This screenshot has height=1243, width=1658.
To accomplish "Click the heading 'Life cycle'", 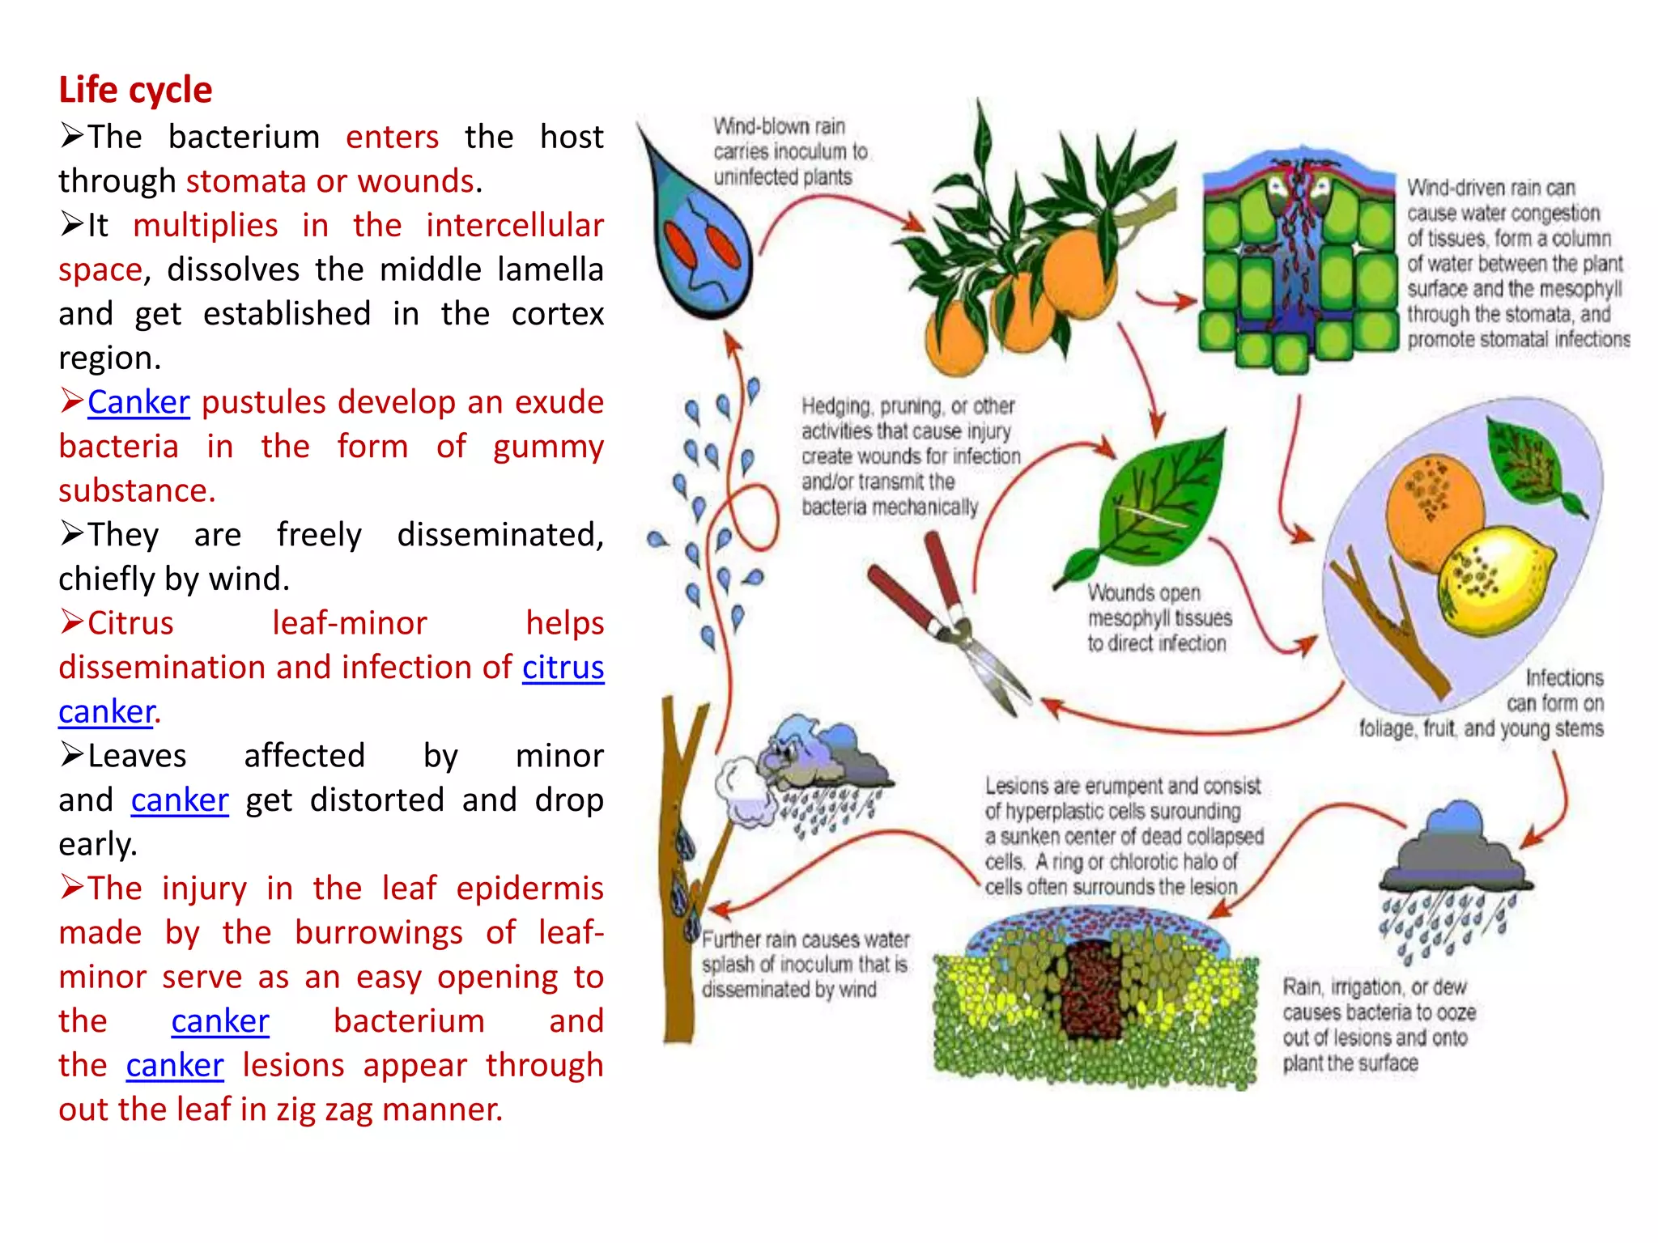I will [135, 90].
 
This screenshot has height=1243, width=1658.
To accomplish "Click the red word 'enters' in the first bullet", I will [392, 137].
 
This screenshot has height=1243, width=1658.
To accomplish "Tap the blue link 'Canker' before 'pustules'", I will [138, 402].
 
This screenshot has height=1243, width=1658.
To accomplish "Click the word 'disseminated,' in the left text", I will [500, 535].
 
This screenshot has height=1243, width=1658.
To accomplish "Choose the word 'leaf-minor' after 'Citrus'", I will [349, 623].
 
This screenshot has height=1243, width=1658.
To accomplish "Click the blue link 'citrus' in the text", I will [563, 668].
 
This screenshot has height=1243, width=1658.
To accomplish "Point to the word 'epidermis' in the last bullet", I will [529, 889].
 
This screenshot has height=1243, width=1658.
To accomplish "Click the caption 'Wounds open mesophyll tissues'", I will [1158, 618].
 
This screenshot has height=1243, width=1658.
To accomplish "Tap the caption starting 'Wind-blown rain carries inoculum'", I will [789, 151].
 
